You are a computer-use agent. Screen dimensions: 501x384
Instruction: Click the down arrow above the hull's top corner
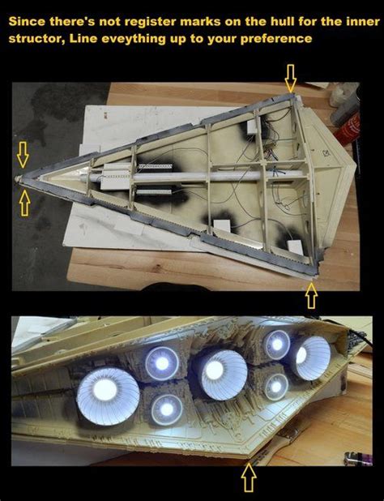[291, 78]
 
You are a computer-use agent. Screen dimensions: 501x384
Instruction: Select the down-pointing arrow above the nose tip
[23, 149]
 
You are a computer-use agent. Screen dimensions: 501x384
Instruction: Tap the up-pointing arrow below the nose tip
[24, 203]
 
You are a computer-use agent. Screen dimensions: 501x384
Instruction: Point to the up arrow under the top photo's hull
[311, 297]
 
